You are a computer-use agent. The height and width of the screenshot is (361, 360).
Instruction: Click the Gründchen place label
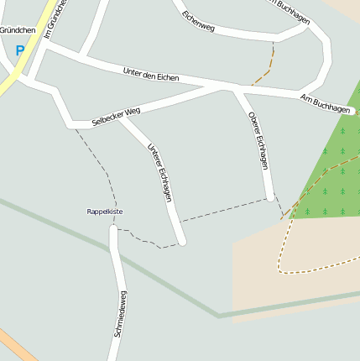pos(18,29)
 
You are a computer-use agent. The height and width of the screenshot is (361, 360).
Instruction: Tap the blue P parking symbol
pos(20,50)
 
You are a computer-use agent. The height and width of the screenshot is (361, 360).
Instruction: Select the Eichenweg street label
pos(198,23)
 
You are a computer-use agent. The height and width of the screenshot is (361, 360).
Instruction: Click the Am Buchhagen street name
pos(325,104)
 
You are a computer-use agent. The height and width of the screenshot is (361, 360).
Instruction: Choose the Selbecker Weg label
pos(116,116)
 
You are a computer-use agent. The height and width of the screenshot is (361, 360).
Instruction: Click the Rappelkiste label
pos(105,212)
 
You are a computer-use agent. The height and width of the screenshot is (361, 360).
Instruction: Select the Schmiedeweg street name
pos(119,314)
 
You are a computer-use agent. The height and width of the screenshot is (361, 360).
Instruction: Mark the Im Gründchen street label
pos(55,18)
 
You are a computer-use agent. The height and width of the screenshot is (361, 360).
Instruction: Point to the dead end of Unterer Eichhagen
pos(181,242)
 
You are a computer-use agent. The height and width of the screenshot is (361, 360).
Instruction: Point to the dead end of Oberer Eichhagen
pos(270,197)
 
